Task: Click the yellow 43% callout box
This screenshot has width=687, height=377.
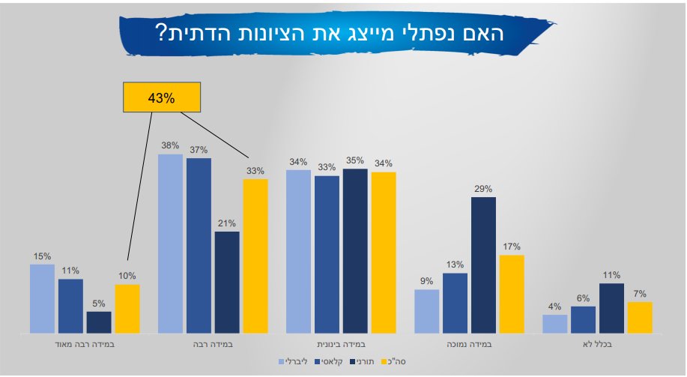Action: tap(161, 98)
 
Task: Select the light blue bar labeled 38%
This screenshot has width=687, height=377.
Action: tap(170, 244)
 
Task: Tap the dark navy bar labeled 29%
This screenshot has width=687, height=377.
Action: tap(483, 265)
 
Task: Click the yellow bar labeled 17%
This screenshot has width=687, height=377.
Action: tap(512, 294)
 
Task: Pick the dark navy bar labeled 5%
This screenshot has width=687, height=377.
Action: tap(99, 322)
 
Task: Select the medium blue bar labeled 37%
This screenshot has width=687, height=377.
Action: tap(199, 246)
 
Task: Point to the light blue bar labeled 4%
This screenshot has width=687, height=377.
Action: tap(554, 324)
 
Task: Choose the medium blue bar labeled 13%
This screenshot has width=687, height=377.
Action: tap(455, 303)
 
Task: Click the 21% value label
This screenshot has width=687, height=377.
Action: tap(227, 223)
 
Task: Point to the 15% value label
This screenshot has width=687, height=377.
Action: tap(42, 256)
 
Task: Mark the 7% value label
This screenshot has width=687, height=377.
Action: tap(639, 294)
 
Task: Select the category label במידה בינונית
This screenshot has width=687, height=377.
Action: tap(341, 346)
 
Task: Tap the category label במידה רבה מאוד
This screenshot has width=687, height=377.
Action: tap(85, 346)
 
